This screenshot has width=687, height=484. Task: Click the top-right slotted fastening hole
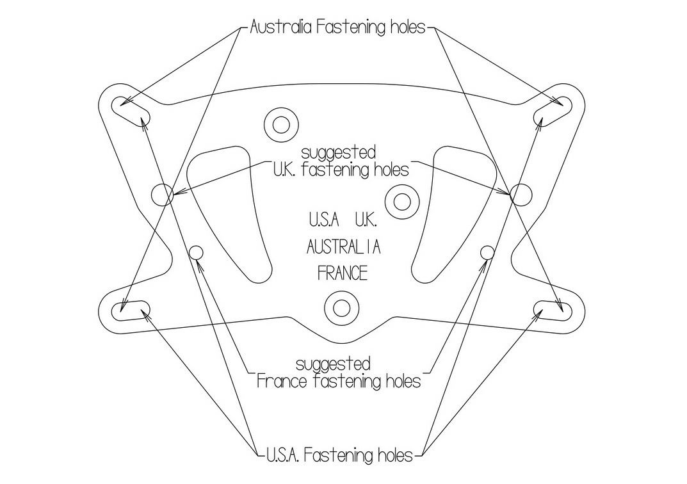(x=554, y=111)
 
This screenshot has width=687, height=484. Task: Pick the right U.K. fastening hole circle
(x=521, y=194)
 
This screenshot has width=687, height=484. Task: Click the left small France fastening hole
(x=196, y=252)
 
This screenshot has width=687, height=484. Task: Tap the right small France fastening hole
(x=487, y=251)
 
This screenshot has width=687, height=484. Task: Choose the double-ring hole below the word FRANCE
(x=341, y=308)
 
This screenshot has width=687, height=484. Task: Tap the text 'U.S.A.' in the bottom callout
(x=283, y=456)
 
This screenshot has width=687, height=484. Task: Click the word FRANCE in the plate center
(x=343, y=273)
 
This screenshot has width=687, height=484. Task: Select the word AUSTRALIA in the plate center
(x=343, y=246)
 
